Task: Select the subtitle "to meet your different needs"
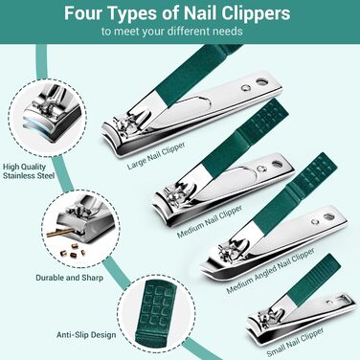tap(172, 32)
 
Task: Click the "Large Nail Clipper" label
tap(156, 155)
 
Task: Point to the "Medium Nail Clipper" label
tap(210, 221)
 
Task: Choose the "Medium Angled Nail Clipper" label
tap(270, 270)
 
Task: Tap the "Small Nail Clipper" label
tap(295, 342)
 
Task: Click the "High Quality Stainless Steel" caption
tap(29, 171)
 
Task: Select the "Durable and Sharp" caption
tap(69, 278)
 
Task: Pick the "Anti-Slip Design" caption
tap(86, 335)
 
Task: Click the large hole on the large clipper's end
tap(262, 81)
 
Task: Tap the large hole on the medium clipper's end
tap(277, 164)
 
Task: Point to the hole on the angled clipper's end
tap(328, 216)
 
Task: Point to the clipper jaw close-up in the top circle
tap(53, 114)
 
